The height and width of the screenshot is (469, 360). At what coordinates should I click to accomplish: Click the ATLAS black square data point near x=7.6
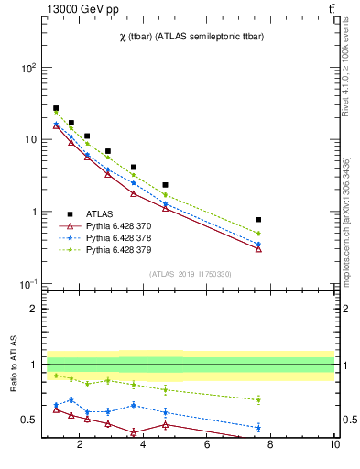259,220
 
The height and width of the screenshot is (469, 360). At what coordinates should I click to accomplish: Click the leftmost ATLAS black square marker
56,108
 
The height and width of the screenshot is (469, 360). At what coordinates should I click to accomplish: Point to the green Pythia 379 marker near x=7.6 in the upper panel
259,234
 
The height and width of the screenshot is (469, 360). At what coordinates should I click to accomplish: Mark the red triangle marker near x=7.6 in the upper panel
259,249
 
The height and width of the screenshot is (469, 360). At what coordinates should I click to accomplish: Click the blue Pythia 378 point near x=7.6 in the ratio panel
259,427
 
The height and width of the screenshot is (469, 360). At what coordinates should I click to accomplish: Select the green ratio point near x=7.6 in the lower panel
259,399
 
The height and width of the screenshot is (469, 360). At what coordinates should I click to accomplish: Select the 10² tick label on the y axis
27,68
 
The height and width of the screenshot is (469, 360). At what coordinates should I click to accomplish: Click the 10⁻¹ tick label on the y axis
27,284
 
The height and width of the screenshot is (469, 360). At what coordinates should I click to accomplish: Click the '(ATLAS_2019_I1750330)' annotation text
191,274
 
